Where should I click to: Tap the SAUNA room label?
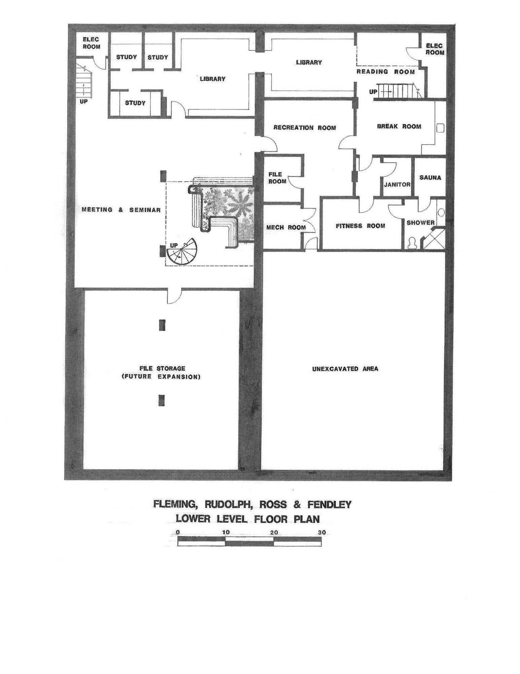430,177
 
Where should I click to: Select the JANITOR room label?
397,184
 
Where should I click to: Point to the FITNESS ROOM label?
360,226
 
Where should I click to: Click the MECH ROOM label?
286,227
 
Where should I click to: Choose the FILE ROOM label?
277,178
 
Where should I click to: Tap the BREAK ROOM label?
399,126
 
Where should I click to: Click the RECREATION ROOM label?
305,128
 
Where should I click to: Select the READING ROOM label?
386,71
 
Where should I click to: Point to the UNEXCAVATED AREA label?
345,369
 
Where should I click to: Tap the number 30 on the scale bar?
322,532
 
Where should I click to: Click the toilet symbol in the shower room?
411,243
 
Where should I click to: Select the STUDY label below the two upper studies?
135,103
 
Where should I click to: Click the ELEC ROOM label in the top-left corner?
91,43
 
